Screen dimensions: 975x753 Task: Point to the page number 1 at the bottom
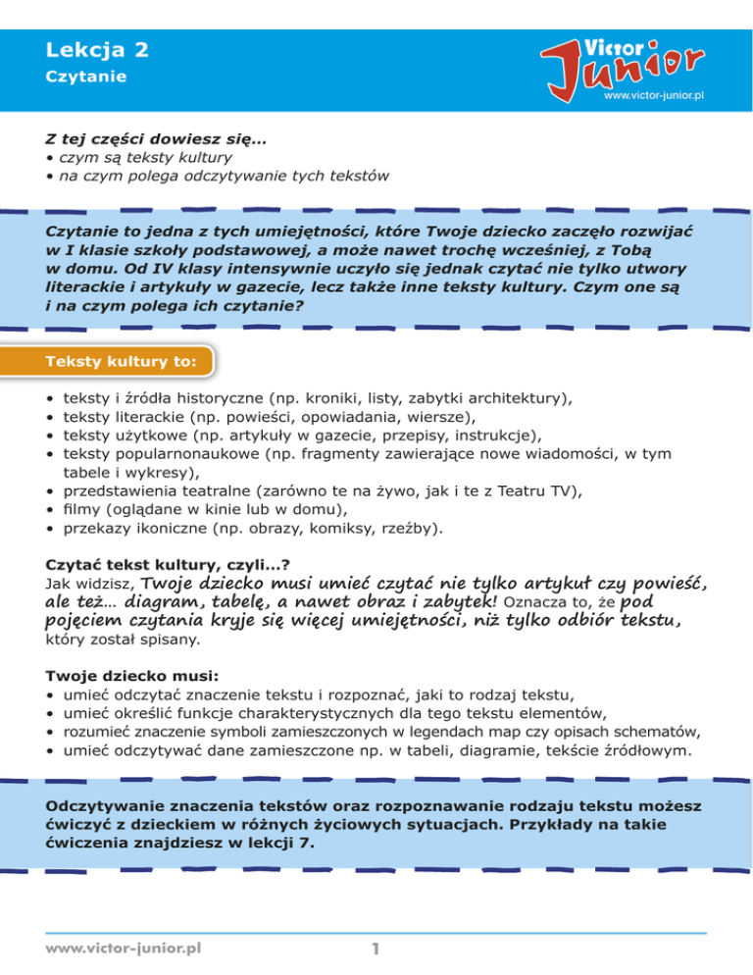(x=376, y=949)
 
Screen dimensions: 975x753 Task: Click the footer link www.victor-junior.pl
(x=124, y=949)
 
